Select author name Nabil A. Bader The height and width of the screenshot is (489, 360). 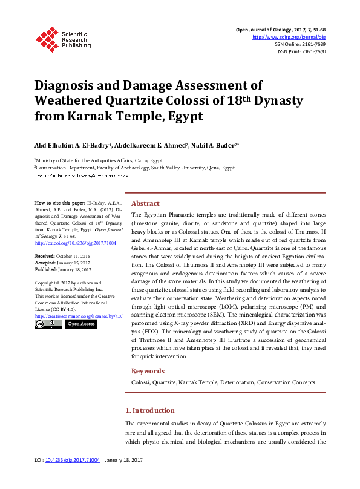point(215,145)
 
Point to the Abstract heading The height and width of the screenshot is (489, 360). point(145,203)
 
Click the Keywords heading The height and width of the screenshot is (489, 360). point(148,371)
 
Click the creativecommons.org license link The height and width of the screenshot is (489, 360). point(79,316)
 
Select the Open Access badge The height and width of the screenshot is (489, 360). point(80,324)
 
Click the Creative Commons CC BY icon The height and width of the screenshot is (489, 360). point(48,324)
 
